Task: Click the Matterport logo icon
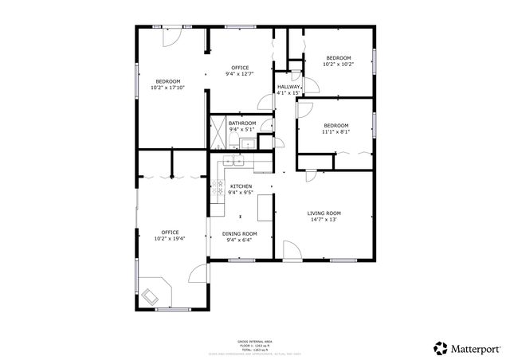440,347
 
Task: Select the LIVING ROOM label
324,213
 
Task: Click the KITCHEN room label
241,186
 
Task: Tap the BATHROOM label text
242,123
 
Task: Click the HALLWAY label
288,87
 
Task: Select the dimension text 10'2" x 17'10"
167,88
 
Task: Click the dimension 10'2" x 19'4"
167,238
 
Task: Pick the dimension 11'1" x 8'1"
335,131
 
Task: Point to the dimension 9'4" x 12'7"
240,74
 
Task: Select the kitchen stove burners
217,188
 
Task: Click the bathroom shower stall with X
217,135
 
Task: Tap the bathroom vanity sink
248,144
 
